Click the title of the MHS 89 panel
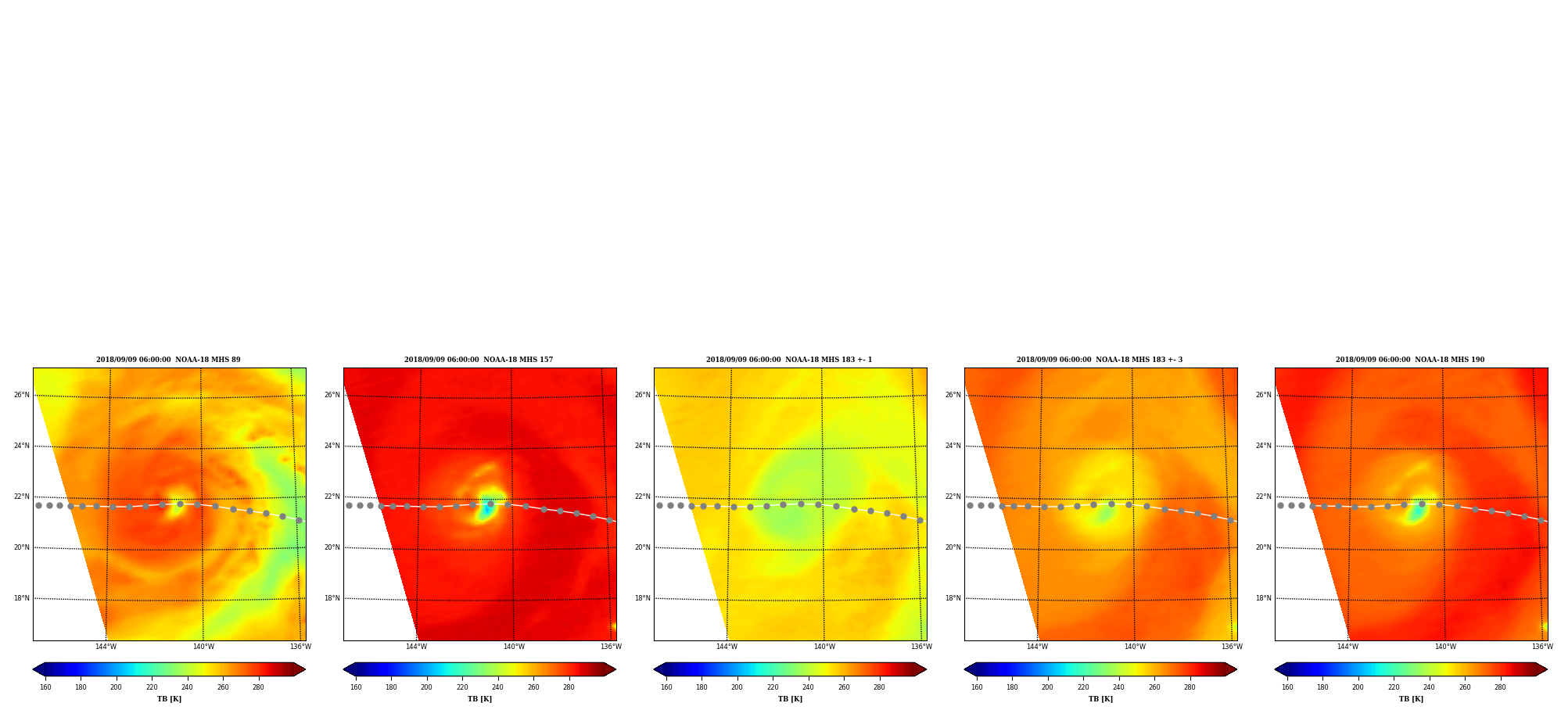(168, 360)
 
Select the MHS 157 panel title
(479, 360)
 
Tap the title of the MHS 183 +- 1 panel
(789, 360)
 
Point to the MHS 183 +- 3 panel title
(1100, 360)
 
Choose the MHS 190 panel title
(1410, 360)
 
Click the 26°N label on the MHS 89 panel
(21, 395)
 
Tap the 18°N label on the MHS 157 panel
(332, 598)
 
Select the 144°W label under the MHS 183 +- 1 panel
(727, 647)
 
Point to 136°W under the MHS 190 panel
(1542, 647)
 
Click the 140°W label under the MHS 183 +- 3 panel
(1135, 647)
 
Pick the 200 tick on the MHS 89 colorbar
(116, 687)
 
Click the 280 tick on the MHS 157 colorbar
(569, 687)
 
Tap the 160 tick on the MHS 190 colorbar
(1287, 687)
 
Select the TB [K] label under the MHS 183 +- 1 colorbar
(790, 699)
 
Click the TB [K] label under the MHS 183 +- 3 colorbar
(1100, 699)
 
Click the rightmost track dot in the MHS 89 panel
(299, 520)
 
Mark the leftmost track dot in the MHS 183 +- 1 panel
(659, 505)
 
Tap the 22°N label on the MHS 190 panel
(1264, 497)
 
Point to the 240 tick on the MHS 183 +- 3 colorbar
(1118, 687)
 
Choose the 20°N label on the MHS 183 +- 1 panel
(642, 547)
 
